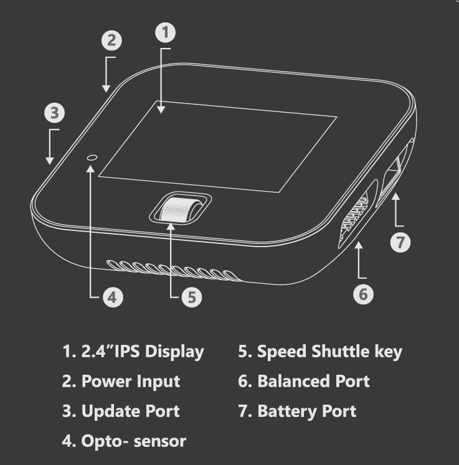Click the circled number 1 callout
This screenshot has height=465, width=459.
click(x=165, y=32)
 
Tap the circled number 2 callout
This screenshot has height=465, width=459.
click(x=111, y=40)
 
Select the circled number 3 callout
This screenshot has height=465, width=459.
click(x=55, y=113)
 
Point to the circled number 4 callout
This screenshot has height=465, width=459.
click(x=113, y=297)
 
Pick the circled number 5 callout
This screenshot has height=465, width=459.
click(x=192, y=297)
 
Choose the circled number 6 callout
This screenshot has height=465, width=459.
click(x=364, y=294)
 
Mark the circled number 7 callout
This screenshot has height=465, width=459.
click(x=400, y=242)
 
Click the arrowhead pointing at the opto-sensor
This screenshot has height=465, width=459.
click(x=90, y=169)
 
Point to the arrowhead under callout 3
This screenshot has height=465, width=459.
click(x=50, y=161)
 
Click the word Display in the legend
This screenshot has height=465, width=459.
click(x=174, y=352)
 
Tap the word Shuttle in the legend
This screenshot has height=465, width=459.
click(x=340, y=351)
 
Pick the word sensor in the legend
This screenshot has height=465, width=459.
click(x=160, y=441)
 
